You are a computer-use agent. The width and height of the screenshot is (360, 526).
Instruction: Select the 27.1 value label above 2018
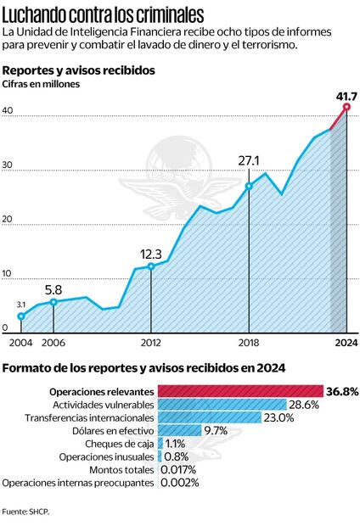click(249, 159)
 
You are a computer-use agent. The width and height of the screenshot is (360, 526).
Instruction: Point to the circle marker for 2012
click(151, 266)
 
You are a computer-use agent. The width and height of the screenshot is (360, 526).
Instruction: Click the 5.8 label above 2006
click(53, 288)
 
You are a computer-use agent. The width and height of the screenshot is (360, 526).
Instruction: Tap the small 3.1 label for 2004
click(22, 304)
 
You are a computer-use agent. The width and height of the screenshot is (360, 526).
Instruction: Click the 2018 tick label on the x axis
click(249, 344)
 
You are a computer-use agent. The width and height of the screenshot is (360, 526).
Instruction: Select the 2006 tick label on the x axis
click(53, 344)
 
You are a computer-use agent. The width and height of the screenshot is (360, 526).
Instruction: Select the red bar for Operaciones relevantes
click(240, 391)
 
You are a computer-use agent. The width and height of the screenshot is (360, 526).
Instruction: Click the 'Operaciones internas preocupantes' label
click(78, 483)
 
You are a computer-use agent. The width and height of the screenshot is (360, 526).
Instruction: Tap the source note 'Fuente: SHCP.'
click(25, 512)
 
